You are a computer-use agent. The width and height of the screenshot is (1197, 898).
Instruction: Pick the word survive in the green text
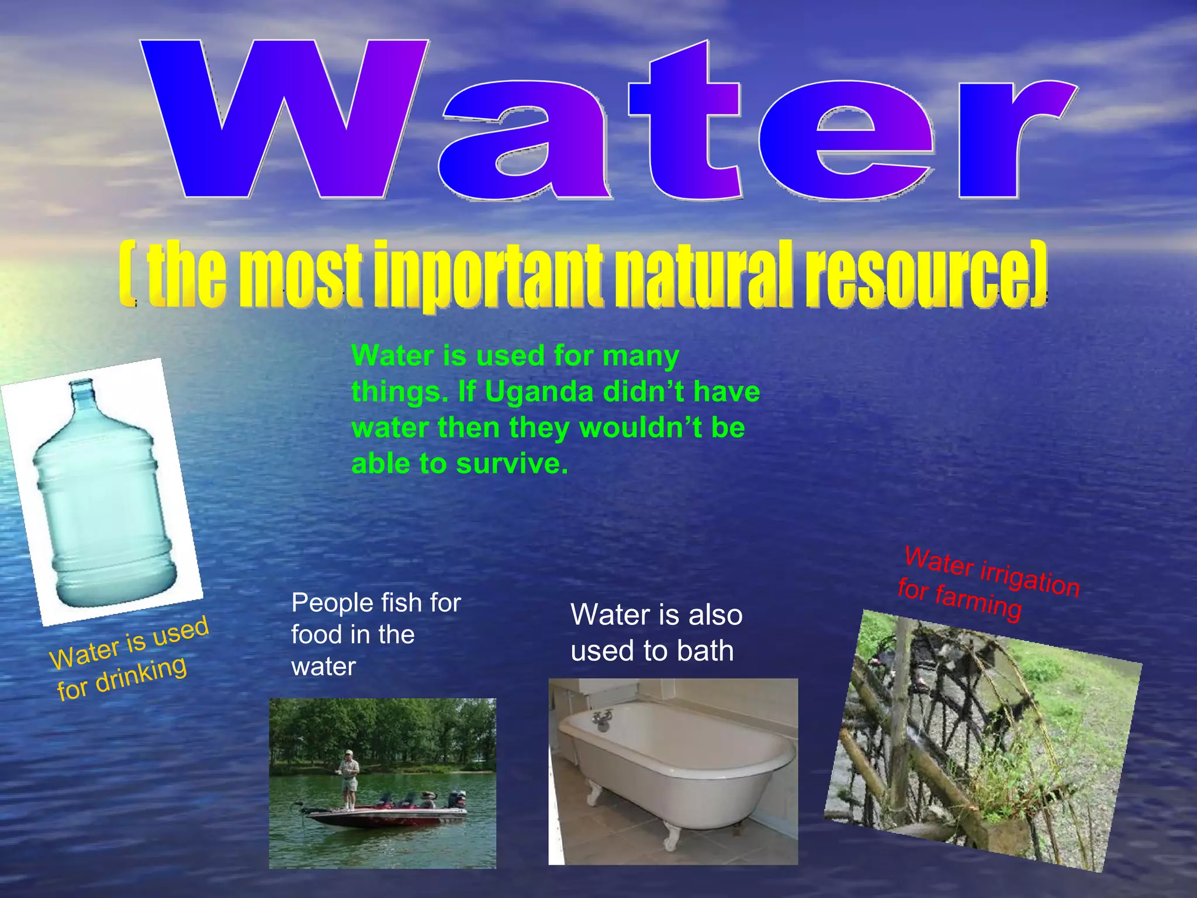tap(511, 464)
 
